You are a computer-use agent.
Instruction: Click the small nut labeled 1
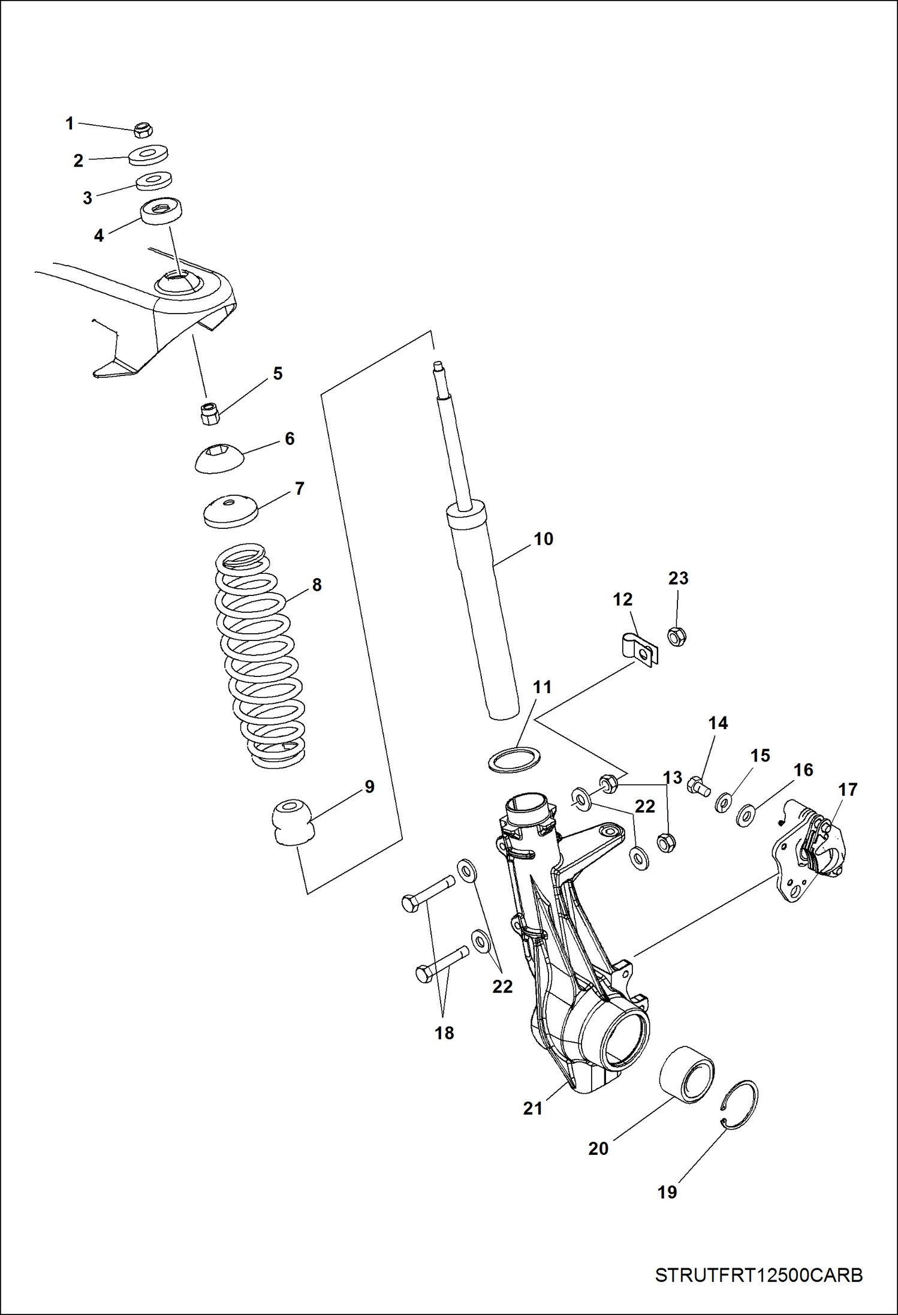(x=143, y=129)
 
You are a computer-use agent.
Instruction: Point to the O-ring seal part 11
(x=514, y=760)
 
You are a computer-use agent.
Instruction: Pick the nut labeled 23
(x=676, y=636)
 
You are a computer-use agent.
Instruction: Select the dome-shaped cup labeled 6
(x=219, y=458)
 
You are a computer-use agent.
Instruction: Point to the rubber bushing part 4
(x=161, y=211)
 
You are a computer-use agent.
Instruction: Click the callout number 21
(x=532, y=1109)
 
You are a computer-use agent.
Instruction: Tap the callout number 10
(x=543, y=539)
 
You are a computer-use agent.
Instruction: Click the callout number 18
(x=444, y=1033)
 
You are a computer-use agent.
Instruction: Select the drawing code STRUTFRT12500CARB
(x=758, y=1275)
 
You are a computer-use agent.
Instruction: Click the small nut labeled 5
(x=209, y=413)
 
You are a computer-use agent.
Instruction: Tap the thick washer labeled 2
(x=149, y=155)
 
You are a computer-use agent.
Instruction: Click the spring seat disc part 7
(x=231, y=511)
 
